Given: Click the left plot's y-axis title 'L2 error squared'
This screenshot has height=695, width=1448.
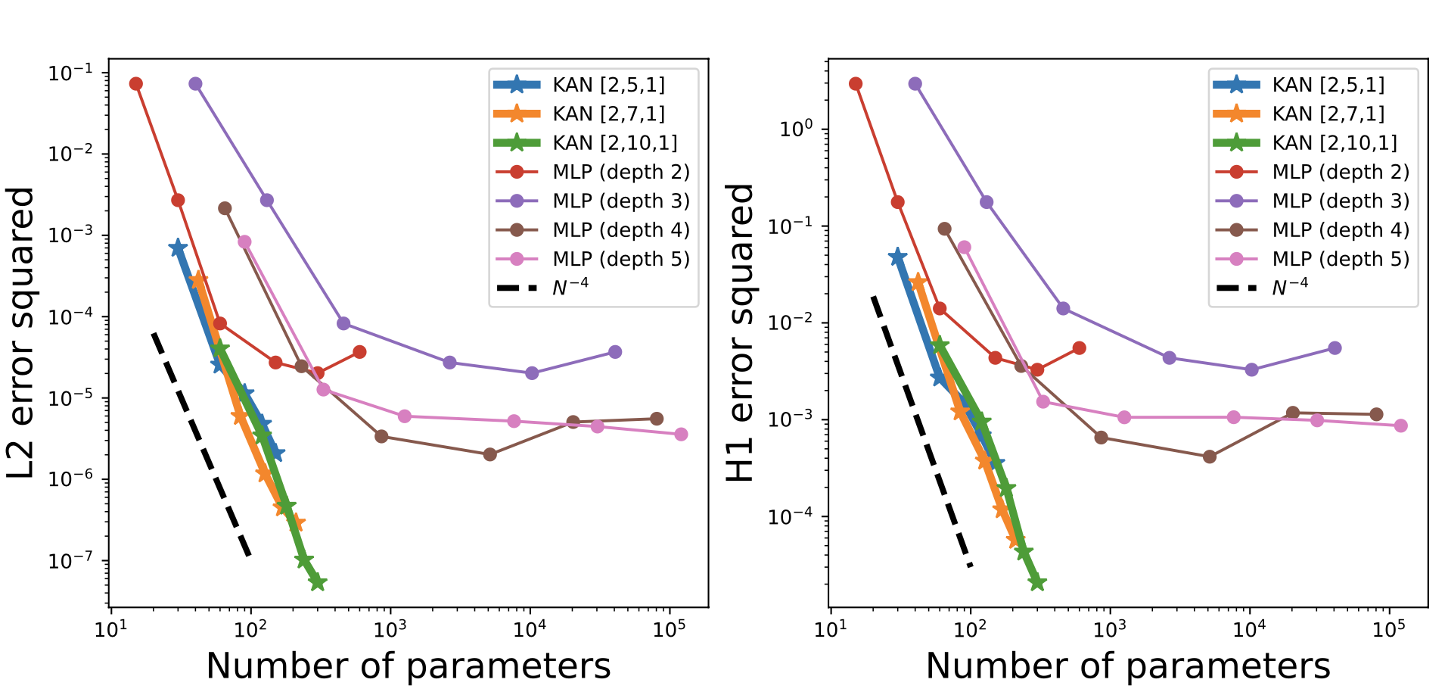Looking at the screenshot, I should point(21,333).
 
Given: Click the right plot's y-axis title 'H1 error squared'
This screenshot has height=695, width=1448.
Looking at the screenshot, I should point(741,333).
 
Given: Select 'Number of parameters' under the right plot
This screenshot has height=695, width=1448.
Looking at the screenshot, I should point(1127,666).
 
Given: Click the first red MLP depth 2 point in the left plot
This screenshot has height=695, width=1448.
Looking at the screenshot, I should point(136,84).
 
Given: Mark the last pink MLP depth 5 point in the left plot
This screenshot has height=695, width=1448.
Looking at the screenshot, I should point(681,435).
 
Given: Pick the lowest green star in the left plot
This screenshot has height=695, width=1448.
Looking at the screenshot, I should point(318,582).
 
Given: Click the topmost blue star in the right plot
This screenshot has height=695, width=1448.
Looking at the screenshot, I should point(897,257).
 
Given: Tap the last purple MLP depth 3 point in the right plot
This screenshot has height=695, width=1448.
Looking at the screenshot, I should point(1335,348).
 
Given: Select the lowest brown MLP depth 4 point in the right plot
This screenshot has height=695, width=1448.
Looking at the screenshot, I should point(1210,457).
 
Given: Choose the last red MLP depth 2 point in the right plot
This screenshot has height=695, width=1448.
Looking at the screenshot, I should point(1080,348).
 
